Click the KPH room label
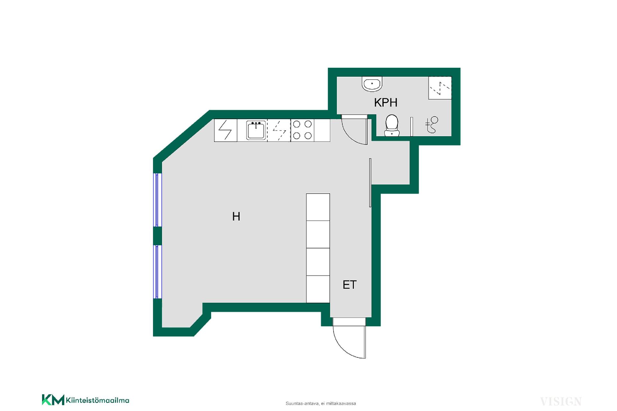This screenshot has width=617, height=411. click(x=386, y=102)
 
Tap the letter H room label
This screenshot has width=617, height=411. click(x=236, y=217)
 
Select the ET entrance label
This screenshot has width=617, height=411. click(x=350, y=285)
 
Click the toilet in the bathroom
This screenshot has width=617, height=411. click(x=392, y=125)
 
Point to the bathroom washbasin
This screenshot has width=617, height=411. click(x=372, y=84)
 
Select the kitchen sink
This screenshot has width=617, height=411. click(x=256, y=130)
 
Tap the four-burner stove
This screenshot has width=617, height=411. click(x=302, y=130)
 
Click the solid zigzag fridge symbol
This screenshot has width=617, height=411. click(x=225, y=130)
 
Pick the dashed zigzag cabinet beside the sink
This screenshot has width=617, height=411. click(x=279, y=130)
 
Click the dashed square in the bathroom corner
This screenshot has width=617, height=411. click(x=440, y=88)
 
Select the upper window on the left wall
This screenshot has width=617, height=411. click(x=157, y=200)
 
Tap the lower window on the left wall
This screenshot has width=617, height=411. click(x=157, y=272)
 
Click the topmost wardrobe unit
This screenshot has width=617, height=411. click(x=318, y=207)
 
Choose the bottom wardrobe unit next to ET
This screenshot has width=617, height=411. click(x=318, y=289)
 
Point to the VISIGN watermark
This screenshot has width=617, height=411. click(x=561, y=401)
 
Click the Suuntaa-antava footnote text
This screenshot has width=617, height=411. click(x=321, y=404)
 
